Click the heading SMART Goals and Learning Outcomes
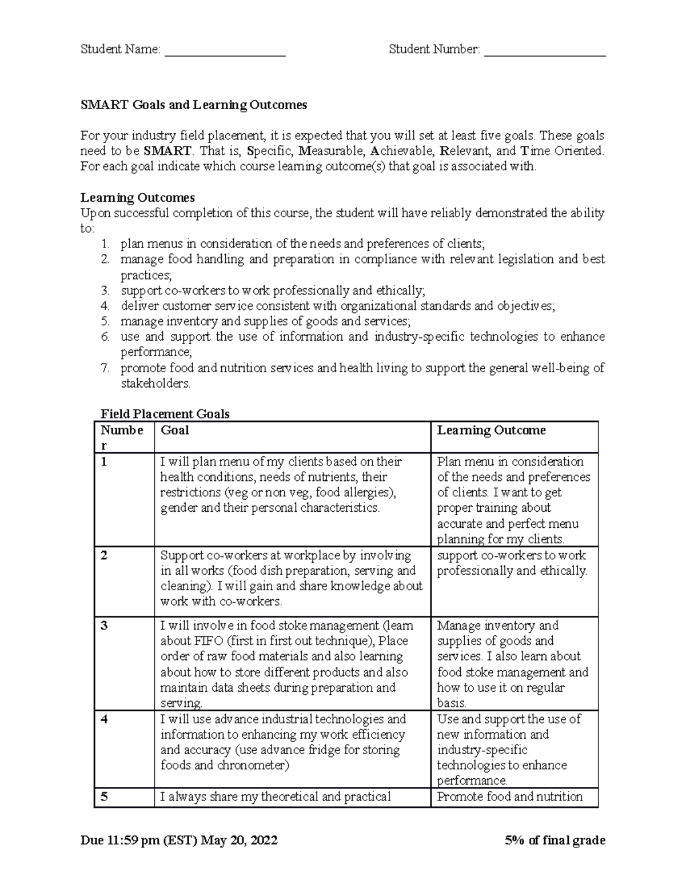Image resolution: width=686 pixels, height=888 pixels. (193, 105)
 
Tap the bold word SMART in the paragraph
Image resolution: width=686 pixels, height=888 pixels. (167, 151)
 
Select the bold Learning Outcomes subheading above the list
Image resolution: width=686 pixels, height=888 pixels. (137, 198)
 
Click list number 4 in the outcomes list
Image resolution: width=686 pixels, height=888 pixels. (105, 306)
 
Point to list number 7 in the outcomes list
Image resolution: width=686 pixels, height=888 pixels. (105, 368)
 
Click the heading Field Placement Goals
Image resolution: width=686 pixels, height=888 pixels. (165, 414)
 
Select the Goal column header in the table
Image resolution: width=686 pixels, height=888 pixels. (175, 430)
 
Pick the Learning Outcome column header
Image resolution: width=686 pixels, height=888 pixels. (491, 430)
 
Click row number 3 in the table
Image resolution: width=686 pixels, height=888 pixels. (104, 626)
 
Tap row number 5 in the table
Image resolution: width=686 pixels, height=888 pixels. (104, 797)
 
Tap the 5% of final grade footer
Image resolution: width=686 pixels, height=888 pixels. (555, 840)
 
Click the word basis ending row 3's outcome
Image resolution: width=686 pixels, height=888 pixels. (451, 703)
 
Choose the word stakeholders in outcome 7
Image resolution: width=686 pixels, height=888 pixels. (154, 383)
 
